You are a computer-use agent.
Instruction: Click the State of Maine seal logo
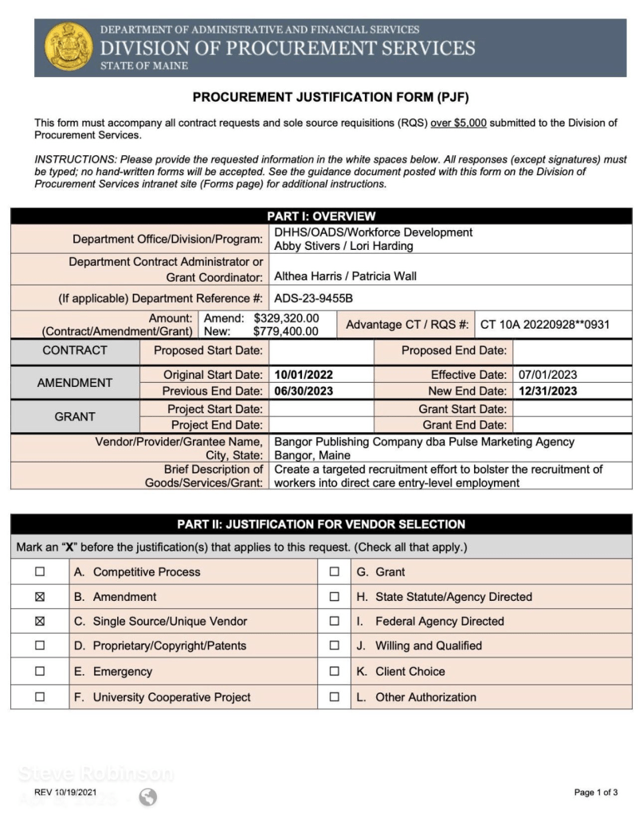pos(68,47)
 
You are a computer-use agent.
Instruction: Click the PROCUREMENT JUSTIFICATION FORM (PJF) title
pos(331,98)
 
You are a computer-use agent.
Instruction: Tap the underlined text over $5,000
pos(458,123)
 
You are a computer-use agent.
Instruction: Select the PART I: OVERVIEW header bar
pos(321,216)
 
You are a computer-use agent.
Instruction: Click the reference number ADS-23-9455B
pos(313,298)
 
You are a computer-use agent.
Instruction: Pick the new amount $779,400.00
pos(286,331)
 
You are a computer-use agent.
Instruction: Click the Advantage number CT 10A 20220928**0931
pos(545,325)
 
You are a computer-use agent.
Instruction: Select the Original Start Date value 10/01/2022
pos(304,375)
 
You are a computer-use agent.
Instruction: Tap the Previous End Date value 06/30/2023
pos(304,391)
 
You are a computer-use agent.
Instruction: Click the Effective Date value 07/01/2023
pos(548,375)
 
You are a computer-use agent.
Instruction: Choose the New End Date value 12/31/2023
pos(548,391)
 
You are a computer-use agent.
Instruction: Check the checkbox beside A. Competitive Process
pos(40,571)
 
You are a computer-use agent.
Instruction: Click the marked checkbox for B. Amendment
pos(40,597)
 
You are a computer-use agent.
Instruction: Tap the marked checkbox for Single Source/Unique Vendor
pos(40,622)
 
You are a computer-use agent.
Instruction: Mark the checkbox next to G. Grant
pos(335,571)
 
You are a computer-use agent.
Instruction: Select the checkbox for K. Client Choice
pos(335,672)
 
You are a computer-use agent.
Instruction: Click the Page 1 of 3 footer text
pos(596,793)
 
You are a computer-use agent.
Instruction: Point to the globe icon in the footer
pos(147,797)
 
